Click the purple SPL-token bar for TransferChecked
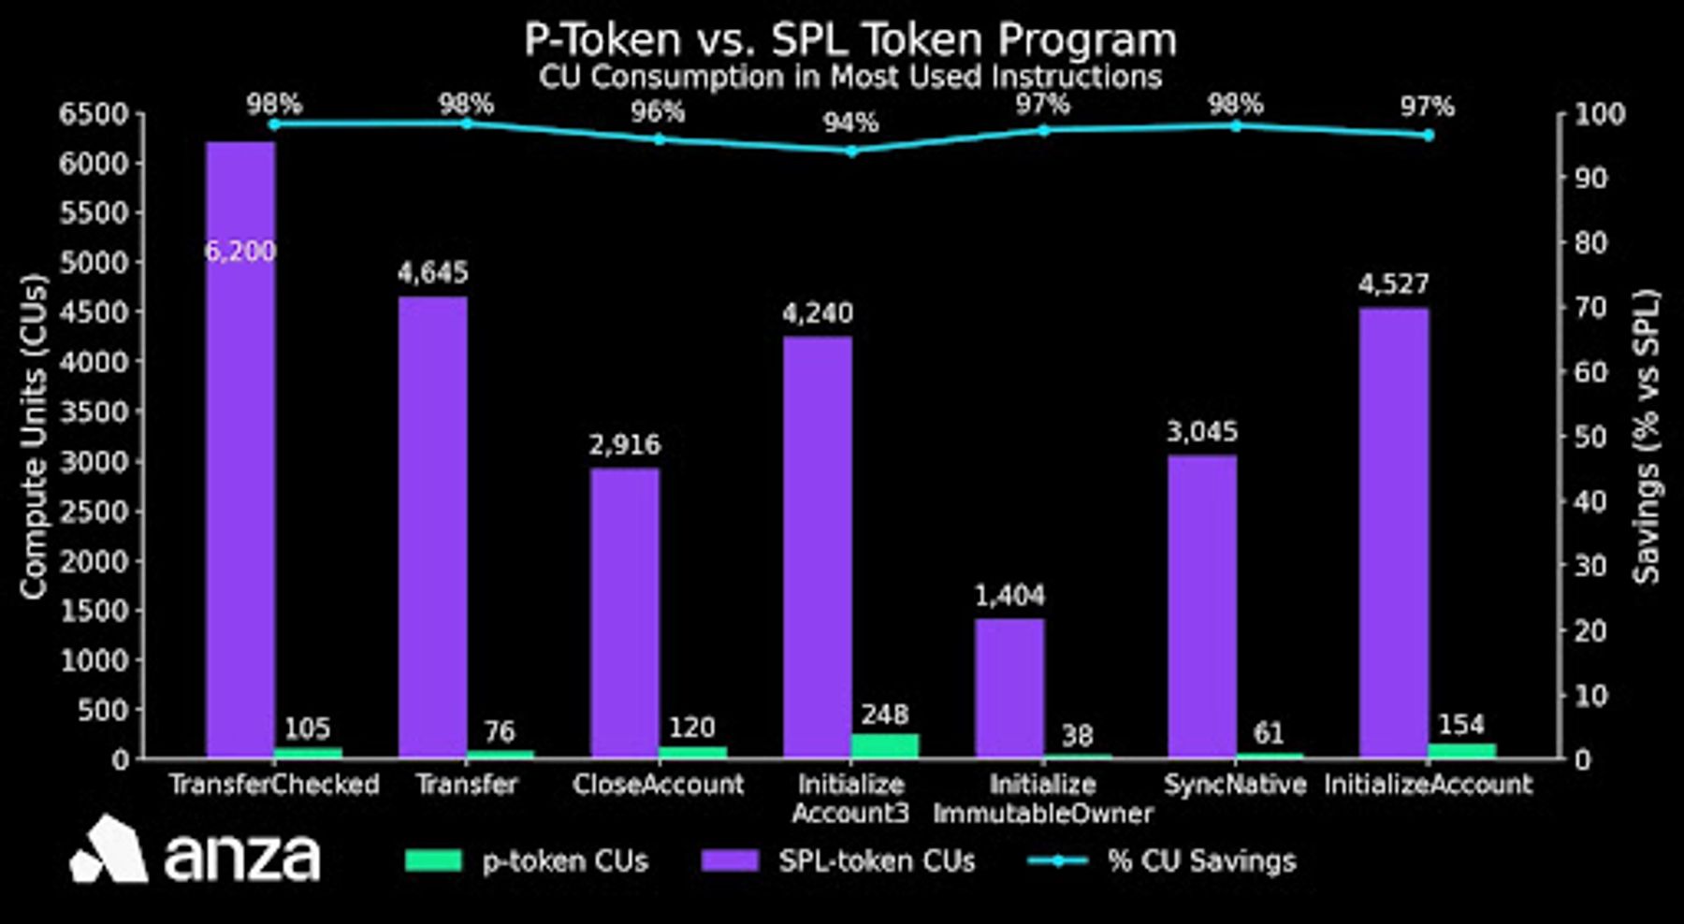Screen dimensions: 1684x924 [240, 450]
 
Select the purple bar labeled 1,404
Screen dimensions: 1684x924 [1009, 688]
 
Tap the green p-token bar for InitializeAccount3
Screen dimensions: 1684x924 [885, 745]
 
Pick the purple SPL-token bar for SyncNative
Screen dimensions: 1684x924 [1202, 607]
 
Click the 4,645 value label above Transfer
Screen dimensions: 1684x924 [432, 273]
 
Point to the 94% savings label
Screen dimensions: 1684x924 [850, 123]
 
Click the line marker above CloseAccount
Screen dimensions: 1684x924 [659, 139]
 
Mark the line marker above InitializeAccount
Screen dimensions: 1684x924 [1428, 136]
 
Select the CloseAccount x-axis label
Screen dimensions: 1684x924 [659, 784]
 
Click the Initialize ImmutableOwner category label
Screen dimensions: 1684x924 [1042, 799]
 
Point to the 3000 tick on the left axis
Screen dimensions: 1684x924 [94, 462]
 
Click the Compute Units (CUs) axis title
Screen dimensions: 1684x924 [34, 437]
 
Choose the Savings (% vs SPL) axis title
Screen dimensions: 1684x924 [1647, 437]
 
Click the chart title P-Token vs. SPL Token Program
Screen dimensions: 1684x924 [849, 39]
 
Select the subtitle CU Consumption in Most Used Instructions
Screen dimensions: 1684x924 [849, 77]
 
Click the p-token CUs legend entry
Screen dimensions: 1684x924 [527, 861]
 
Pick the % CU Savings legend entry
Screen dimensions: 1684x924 [1162, 861]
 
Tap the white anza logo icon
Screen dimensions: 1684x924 [109, 850]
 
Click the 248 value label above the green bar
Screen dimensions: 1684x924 [885, 715]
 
